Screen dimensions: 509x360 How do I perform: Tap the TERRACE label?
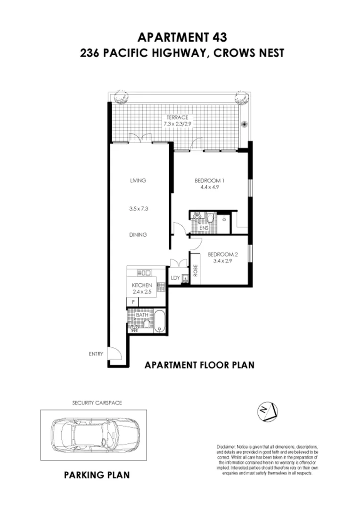(176, 117)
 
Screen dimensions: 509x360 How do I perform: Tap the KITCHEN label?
(141, 285)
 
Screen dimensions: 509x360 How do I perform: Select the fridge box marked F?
(133, 301)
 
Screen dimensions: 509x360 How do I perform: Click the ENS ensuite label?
(204, 228)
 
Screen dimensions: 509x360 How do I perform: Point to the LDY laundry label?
(175, 278)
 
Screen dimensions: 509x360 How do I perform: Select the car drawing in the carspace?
(97, 435)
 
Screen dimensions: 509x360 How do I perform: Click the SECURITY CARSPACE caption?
(97, 403)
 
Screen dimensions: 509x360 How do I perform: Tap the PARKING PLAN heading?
(97, 476)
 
